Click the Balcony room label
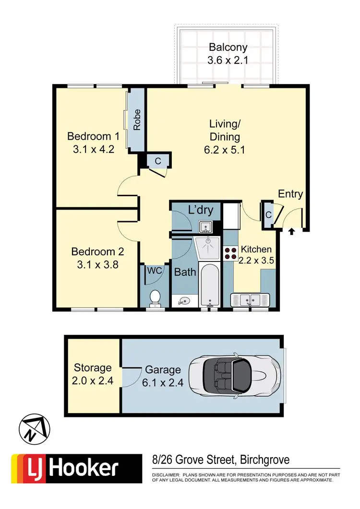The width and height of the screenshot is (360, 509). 228,47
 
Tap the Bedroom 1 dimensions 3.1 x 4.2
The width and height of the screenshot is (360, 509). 90,149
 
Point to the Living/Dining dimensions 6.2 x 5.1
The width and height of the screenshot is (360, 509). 225,149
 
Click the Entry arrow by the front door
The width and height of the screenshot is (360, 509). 292,231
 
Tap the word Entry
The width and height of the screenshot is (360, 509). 290,194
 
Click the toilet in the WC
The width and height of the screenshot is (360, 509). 155,297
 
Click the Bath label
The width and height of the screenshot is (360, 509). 185,272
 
